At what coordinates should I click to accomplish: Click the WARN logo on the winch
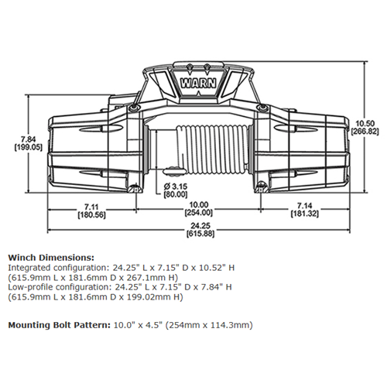tap(198, 84)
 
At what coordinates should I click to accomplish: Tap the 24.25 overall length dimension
tap(200, 226)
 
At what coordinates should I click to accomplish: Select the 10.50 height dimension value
tap(365, 123)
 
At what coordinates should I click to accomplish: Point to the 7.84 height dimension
tap(29, 139)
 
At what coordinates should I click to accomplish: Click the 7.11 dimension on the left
tap(91, 207)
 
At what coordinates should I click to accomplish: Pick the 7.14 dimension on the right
tap(304, 206)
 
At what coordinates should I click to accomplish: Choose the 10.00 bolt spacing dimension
tap(199, 205)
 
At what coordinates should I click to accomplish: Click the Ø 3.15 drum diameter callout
tap(176, 187)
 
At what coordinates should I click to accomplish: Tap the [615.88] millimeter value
tap(200, 234)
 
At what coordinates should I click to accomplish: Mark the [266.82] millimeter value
tap(365, 132)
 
